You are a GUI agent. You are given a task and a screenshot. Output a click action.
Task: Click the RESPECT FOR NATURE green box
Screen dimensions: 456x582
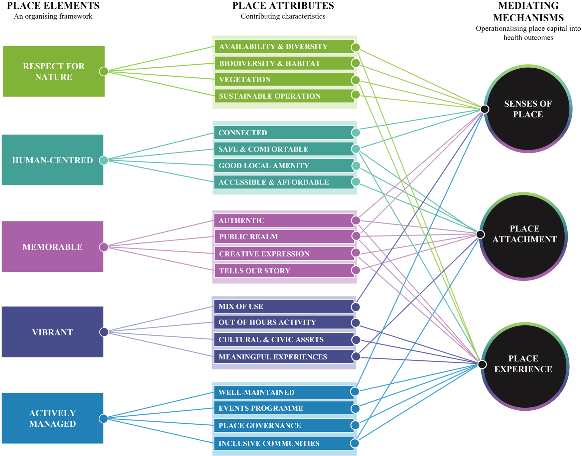coord(54,71)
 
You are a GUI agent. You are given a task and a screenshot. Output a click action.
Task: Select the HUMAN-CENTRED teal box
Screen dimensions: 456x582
coord(52,160)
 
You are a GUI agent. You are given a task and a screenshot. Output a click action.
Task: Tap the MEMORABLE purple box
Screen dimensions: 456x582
coord(52,247)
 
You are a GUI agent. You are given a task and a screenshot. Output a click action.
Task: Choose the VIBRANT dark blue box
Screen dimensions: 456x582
coord(52,332)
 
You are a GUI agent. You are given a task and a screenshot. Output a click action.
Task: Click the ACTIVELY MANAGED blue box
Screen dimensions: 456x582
coord(52,418)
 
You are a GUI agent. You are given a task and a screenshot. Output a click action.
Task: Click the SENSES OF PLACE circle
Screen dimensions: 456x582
coord(528,109)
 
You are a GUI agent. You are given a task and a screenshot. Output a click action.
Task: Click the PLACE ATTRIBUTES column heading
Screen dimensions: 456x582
coord(283,6)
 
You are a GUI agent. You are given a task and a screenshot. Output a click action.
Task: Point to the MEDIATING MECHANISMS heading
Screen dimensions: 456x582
coord(528,12)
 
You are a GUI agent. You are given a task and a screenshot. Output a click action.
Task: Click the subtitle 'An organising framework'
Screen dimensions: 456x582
coord(53,16)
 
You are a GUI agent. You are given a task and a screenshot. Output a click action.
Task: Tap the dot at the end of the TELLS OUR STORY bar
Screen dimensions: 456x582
coord(356,270)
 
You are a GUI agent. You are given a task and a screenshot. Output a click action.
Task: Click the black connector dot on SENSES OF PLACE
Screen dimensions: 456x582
coord(485,109)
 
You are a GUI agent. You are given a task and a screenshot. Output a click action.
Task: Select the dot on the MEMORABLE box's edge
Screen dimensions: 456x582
coord(104,247)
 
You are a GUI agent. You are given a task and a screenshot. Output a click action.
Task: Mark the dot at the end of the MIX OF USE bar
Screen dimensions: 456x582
coord(356,307)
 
